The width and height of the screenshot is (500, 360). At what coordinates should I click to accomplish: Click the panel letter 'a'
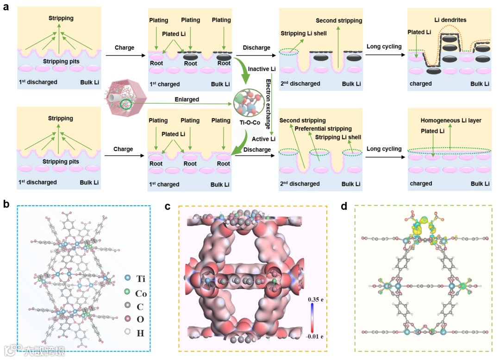tap(6, 8)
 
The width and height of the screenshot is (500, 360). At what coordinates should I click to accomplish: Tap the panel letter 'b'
tap(6, 203)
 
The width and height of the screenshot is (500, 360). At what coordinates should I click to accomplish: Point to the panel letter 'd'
tap(344, 203)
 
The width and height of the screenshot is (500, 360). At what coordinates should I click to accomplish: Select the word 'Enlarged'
tap(187, 99)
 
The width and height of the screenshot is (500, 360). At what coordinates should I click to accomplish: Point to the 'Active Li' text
tap(263, 139)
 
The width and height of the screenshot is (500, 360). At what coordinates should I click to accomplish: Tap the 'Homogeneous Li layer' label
tap(451, 120)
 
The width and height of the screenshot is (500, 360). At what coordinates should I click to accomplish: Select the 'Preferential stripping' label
tap(323, 128)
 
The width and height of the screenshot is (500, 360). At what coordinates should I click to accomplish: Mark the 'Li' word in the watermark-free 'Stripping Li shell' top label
tap(307, 34)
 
